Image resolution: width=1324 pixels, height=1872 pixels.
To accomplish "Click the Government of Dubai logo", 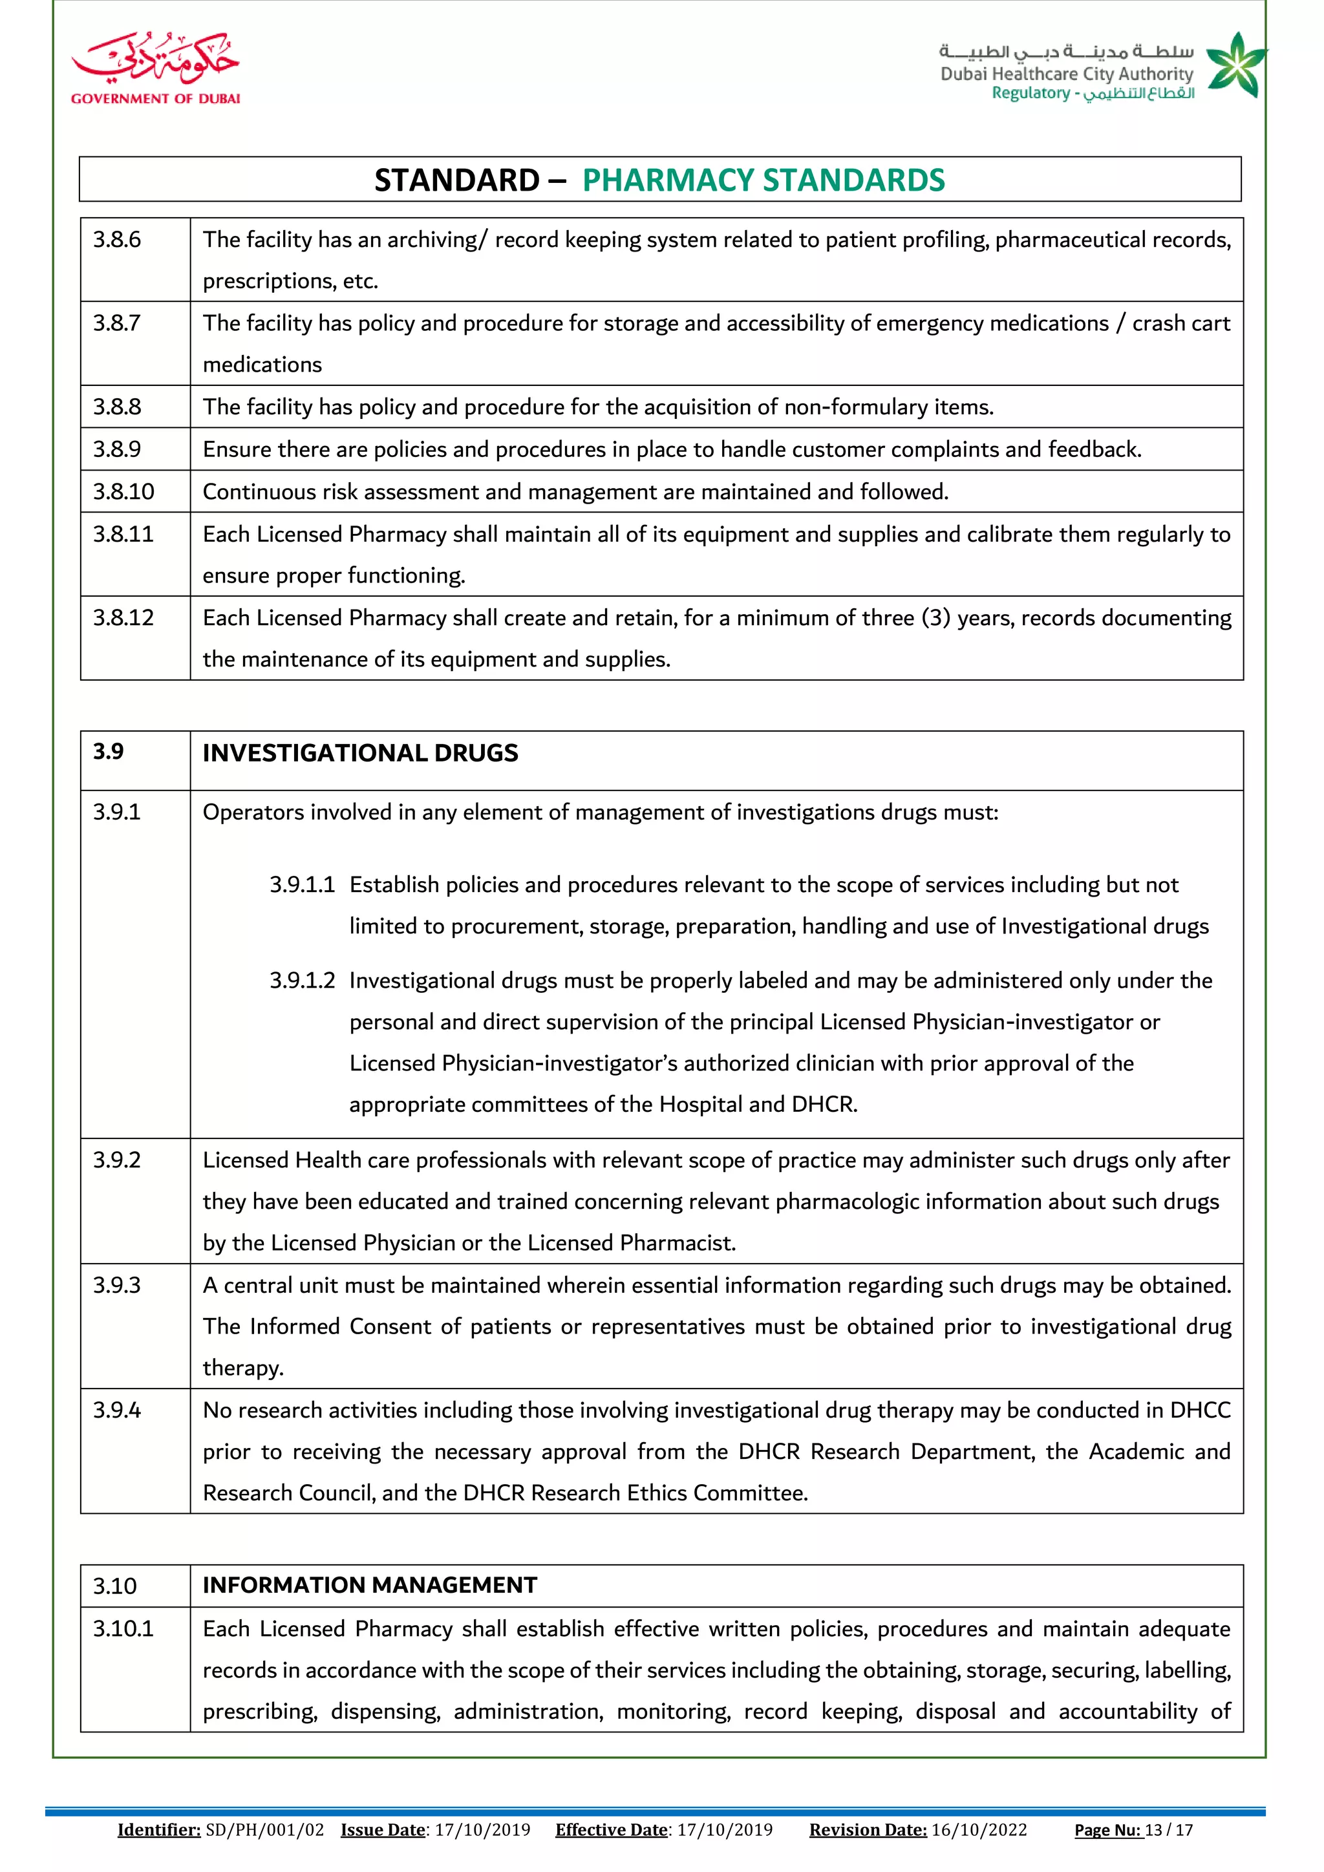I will point(155,69).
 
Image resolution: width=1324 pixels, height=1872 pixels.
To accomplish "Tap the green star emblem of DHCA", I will point(1236,65).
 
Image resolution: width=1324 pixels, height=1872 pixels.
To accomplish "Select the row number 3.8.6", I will point(116,240).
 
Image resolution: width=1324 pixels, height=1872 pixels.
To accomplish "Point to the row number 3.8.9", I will point(116,449).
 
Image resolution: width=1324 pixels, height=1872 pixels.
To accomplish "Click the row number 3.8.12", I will point(123,618).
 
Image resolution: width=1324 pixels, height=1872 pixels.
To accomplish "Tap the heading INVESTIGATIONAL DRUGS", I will point(359,752).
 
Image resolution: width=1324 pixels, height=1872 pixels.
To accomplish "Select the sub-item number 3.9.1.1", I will point(302,886).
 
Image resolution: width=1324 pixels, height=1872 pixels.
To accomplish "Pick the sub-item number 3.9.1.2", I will point(302,981).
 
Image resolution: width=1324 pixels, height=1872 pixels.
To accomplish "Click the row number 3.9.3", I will point(116,1286).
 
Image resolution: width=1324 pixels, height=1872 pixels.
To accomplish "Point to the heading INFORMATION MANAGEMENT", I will point(369,1585).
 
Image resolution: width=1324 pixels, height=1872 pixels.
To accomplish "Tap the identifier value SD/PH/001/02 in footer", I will point(265,1829).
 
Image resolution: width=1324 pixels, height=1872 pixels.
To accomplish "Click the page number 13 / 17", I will point(1168,1829).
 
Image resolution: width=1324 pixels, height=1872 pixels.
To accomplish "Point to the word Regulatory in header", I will point(1030,93).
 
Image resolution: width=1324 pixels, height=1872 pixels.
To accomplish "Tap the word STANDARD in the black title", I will point(456,180).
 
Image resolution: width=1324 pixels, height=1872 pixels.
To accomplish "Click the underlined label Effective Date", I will point(611,1829).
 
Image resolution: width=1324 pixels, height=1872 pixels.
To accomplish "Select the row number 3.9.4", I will point(116,1410).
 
